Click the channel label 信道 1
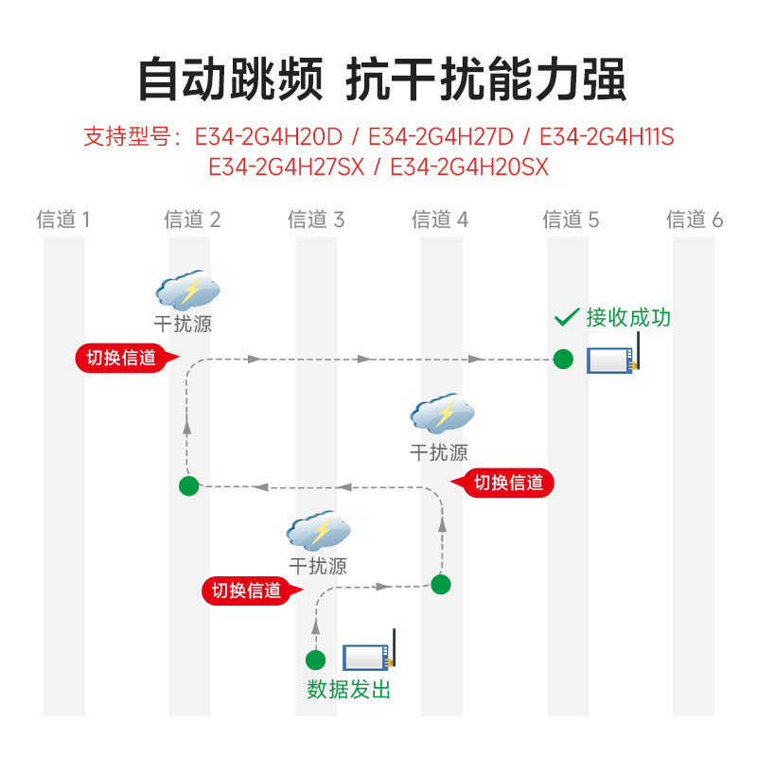[x=63, y=220]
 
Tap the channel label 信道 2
[x=192, y=220]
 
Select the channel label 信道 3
[x=316, y=220]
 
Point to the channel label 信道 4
[x=440, y=220]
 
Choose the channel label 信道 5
[x=571, y=220]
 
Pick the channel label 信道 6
[x=695, y=220]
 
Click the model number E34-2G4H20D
[x=269, y=136]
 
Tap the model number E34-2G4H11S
[x=607, y=136]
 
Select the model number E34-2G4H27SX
[x=287, y=167]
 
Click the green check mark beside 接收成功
[x=567, y=317]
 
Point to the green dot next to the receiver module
[x=563, y=360]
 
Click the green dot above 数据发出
[x=316, y=660]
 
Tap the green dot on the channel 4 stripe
[x=441, y=585]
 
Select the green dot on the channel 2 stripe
[x=188, y=486]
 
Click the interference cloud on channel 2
[x=187, y=290]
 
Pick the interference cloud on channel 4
[x=442, y=414]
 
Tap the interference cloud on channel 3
[x=319, y=531]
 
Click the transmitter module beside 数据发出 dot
[x=369, y=651]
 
